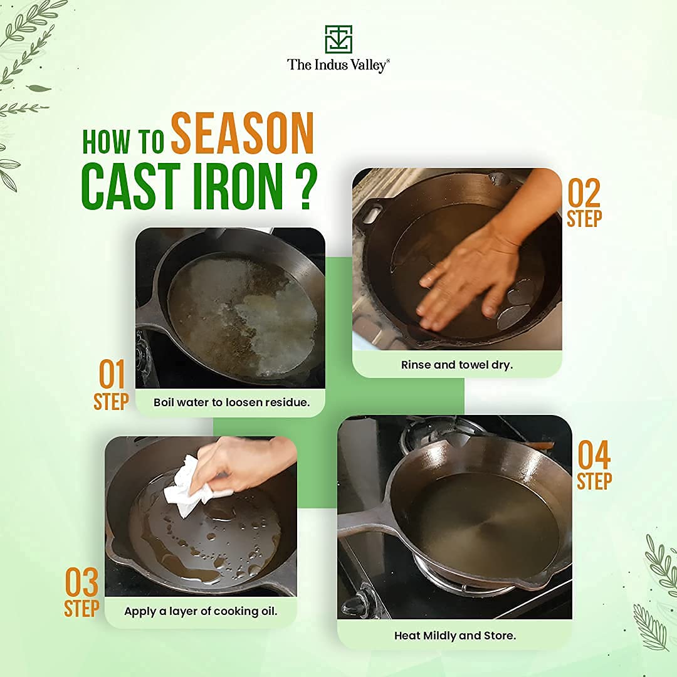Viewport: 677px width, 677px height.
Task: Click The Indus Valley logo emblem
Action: [x=338, y=39]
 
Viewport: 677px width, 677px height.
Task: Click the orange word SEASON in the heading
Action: [x=242, y=134]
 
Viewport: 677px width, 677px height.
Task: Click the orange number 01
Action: [x=112, y=375]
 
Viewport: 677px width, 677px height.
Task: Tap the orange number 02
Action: [x=584, y=194]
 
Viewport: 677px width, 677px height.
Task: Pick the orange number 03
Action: [x=82, y=584]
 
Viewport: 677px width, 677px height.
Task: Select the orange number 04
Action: [x=594, y=456]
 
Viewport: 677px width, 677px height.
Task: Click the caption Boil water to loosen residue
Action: [x=231, y=402]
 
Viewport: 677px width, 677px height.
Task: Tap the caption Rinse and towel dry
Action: [x=456, y=364]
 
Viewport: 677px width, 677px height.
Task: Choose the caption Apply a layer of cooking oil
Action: [x=201, y=611]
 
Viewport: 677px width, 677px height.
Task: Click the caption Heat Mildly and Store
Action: [x=454, y=635]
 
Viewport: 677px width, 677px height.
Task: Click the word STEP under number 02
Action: [x=584, y=219]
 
